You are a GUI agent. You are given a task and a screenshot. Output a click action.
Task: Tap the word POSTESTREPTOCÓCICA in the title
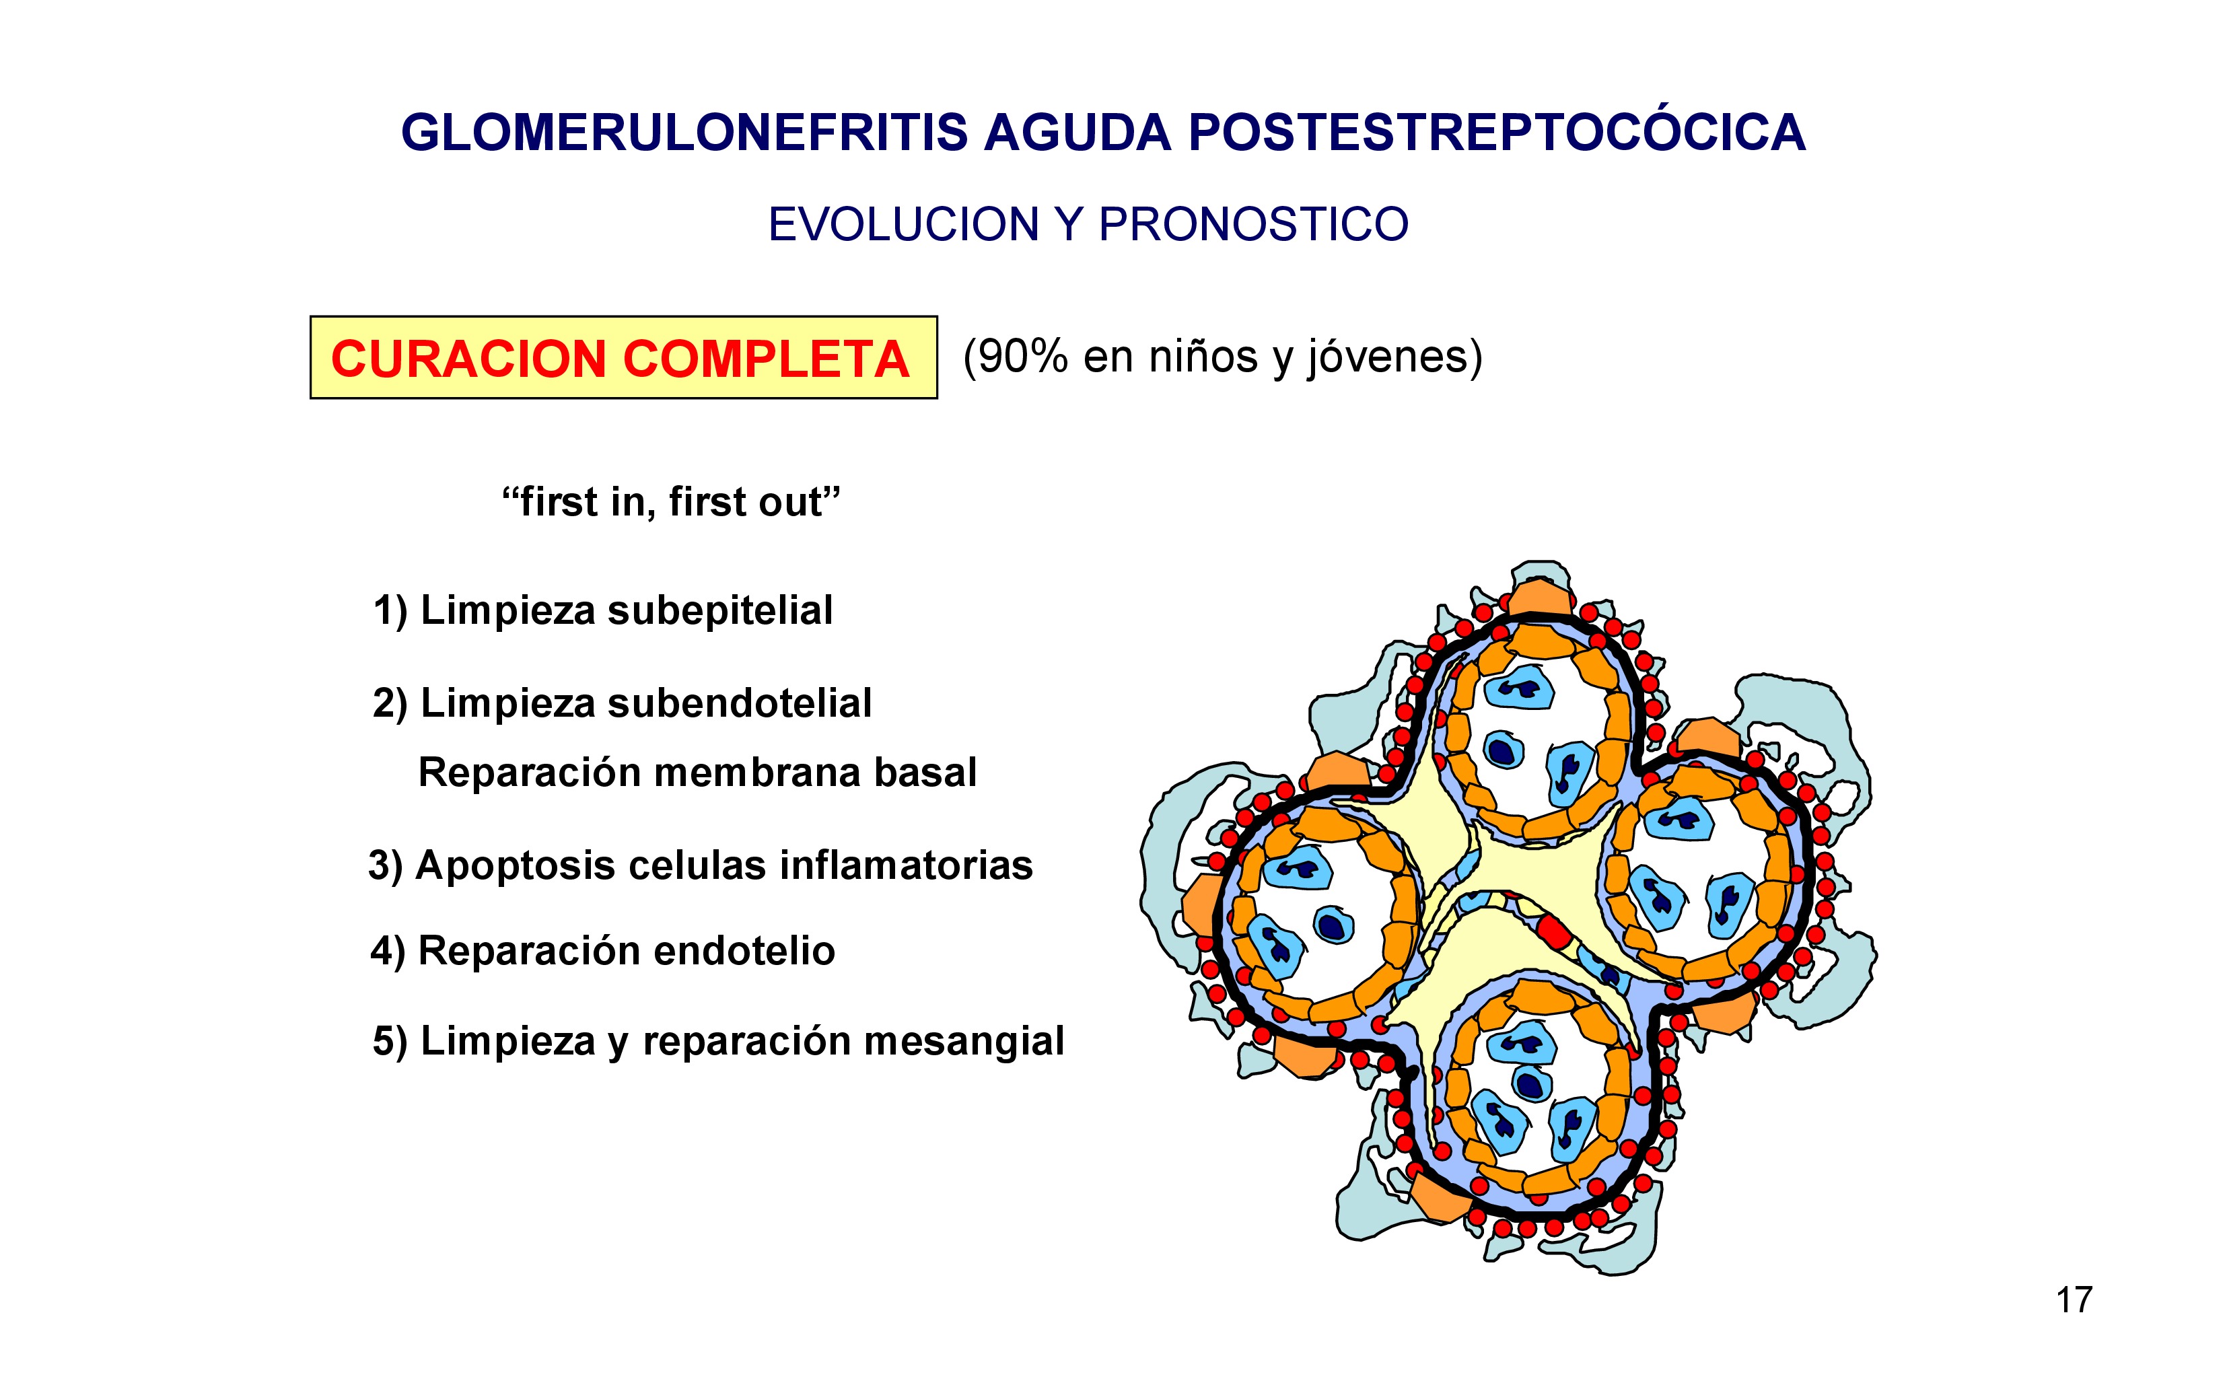(x=1497, y=133)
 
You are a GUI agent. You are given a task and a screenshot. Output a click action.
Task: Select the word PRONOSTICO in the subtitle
(x=1252, y=225)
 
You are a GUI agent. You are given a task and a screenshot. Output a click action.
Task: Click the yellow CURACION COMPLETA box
(x=623, y=358)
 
